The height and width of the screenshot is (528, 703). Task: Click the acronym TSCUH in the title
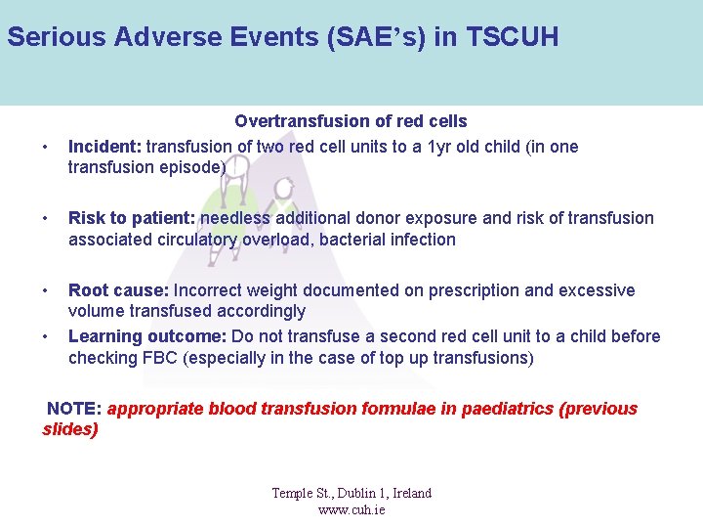(x=513, y=38)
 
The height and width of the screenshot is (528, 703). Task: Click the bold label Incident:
(x=104, y=147)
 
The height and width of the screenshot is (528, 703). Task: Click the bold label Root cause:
(x=118, y=290)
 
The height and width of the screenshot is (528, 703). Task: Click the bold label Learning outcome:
(x=146, y=336)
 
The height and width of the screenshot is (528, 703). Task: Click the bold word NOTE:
(x=74, y=409)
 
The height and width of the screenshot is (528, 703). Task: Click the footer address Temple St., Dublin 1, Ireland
(x=351, y=493)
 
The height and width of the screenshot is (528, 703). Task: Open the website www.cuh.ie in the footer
(x=351, y=509)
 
